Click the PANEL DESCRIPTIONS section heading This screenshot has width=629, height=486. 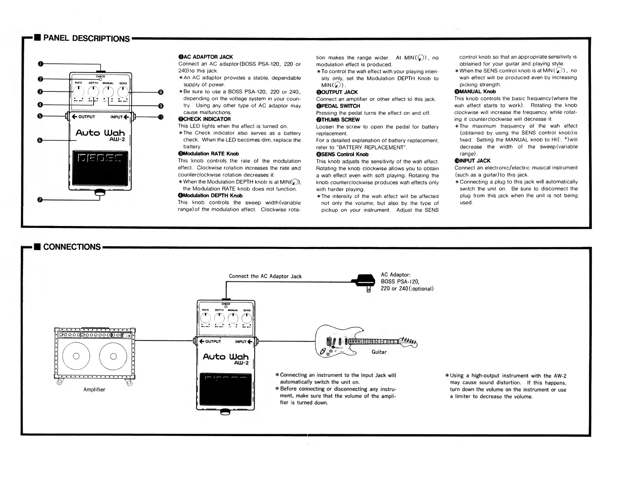tap(86, 38)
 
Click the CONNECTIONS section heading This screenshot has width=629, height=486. tap(72, 247)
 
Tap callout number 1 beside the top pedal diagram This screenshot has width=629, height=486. tap(40, 64)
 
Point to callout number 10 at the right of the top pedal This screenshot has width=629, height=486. tap(160, 117)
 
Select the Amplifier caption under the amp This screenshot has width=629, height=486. tap(94, 389)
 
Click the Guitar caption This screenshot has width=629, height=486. tap(379, 352)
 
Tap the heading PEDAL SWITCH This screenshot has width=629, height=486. tap(340, 106)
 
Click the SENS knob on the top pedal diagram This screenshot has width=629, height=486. tap(123, 92)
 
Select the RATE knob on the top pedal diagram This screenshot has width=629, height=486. tap(79, 92)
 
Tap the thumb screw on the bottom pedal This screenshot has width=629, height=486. tap(225, 412)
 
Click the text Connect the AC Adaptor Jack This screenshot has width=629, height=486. tap(265, 276)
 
